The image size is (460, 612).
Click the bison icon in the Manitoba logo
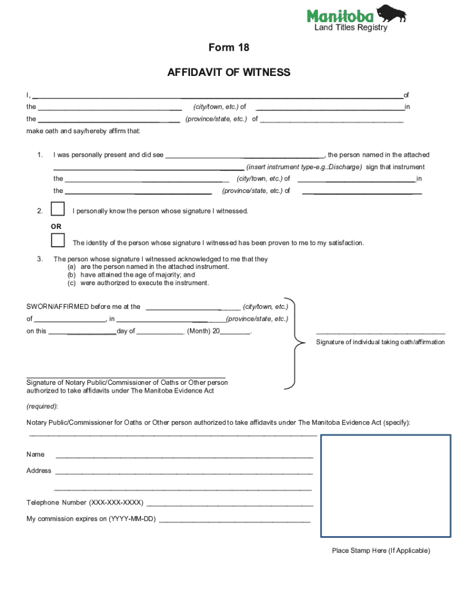[x=393, y=13]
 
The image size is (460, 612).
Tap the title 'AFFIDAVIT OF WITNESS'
[x=229, y=72]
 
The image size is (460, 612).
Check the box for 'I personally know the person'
[x=58, y=209]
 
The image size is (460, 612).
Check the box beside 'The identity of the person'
[x=58, y=240]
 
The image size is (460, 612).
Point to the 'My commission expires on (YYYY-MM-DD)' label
[x=91, y=519]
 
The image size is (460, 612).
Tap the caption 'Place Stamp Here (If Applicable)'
[x=381, y=551]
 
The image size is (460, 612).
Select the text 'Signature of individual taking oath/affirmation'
[x=380, y=342]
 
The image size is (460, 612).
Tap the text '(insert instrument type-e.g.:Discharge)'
[x=304, y=167]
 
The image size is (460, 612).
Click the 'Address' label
[x=39, y=470]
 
